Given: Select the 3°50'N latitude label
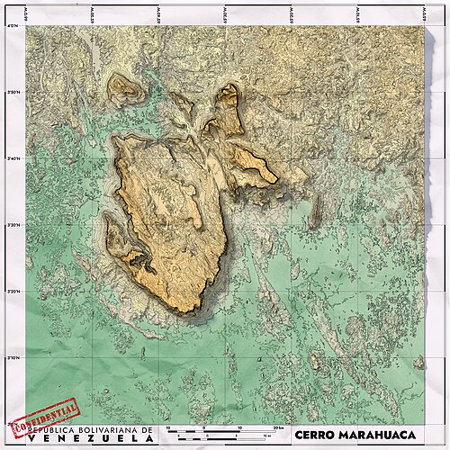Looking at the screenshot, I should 13,93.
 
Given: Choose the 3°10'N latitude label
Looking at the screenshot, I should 13,358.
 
